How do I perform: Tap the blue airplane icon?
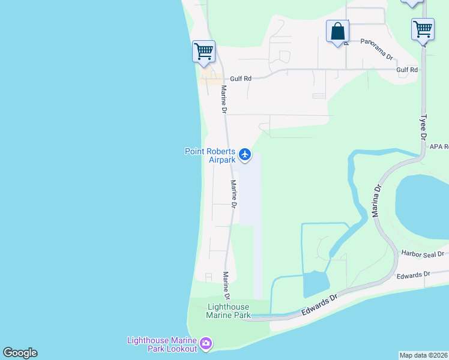click(x=244, y=155)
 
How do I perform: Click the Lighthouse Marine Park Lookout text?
click(x=161, y=344)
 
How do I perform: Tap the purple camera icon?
click(x=206, y=344)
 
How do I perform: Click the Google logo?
click(x=20, y=353)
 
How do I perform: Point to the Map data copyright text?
click(x=424, y=355)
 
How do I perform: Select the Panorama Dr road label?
click(x=376, y=42)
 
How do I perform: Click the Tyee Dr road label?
click(x=423, y=127)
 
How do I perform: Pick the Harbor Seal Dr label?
click(x=423, y=254)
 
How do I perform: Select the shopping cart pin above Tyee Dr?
click(x=423, y=28)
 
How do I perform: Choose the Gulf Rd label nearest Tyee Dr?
click(x=407, y=70)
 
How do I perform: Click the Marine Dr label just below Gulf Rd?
click(x=223, y=100)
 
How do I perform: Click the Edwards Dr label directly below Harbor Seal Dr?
click(x=414, y=275)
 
